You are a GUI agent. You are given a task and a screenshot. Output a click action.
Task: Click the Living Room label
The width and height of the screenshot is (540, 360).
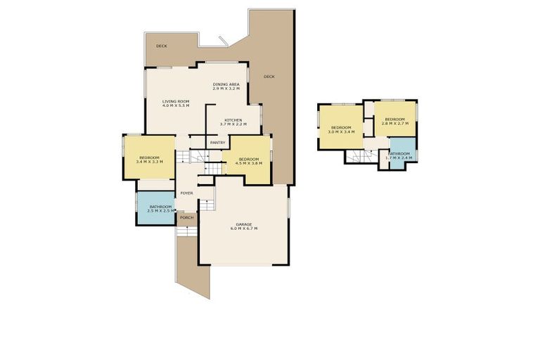(176, 101)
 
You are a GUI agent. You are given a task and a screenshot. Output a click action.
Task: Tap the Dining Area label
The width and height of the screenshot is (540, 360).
(226, 84)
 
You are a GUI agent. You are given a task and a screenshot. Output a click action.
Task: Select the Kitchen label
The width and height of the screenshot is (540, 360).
(233, 120)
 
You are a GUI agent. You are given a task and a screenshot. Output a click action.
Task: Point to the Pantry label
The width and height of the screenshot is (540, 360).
(217, 143)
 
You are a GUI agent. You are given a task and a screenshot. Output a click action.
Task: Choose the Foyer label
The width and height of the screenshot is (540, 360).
(186, 193)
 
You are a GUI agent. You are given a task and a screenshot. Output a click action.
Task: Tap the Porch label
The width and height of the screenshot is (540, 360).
(186, 217)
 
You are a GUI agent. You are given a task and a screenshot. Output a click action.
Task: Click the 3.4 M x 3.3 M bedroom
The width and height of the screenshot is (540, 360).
(149, 159)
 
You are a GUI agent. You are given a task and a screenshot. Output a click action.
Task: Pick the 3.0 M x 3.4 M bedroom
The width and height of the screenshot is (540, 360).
(341, 129)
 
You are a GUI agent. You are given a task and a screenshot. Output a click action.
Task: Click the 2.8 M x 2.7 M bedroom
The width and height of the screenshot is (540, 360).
(395, 121)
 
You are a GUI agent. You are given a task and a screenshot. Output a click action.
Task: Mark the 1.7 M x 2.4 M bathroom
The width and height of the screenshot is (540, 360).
(399, 155)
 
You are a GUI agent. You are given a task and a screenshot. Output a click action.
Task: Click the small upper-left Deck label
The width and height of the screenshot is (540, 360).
(162, 46)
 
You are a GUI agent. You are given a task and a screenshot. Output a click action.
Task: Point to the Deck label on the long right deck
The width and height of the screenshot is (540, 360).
(269, 76)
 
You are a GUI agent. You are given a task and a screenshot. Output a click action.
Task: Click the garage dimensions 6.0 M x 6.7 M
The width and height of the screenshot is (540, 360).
(245, 229)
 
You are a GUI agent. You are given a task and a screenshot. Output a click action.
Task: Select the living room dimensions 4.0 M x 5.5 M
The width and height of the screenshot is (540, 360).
(176, 105)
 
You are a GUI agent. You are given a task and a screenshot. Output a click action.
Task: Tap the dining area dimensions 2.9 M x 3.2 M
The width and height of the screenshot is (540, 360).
(226, 89)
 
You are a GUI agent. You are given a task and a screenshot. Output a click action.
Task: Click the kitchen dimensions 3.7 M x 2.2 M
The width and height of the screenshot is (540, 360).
(233, 124)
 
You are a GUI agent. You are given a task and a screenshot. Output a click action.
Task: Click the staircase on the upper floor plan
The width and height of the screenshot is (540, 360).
(359, 157)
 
